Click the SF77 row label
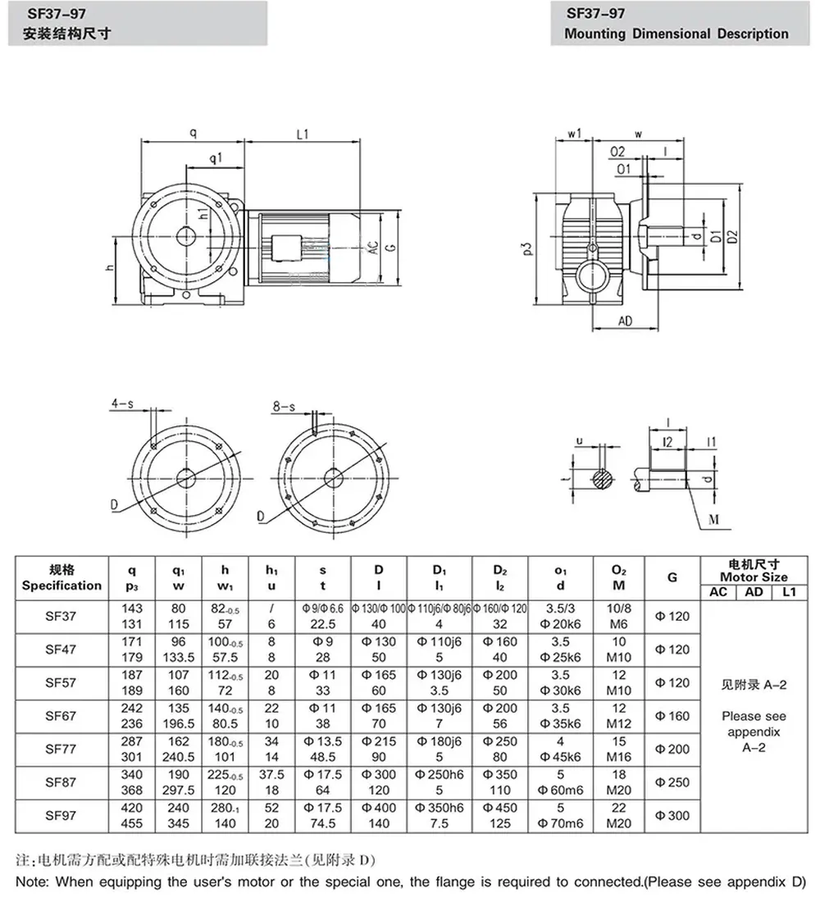click(x=61, y=748)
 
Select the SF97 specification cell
click(x=61, y=815)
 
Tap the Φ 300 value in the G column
click(x=672, y=815)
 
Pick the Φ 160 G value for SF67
click(x=672, y=715)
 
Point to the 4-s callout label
click(x=123, y=403)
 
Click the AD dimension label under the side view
click(x=624, y=321)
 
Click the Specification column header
click(x=61, y=578)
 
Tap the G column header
click(x=672, y=578)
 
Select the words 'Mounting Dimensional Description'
click(x=676, y=34)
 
